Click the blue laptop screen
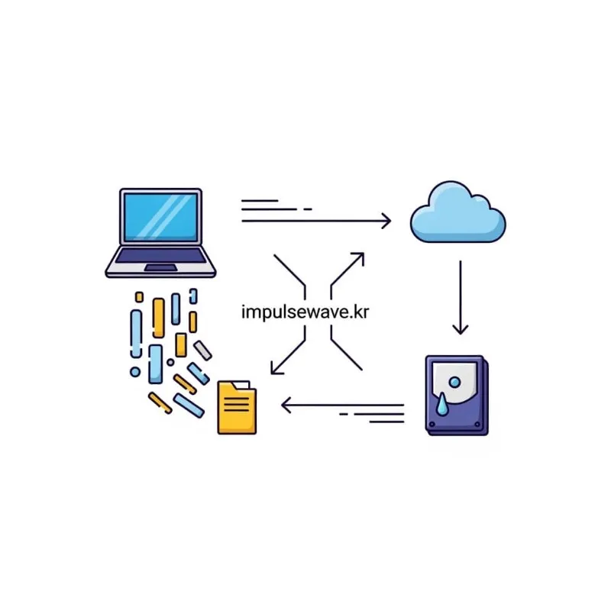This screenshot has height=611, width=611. [x=160, y=218]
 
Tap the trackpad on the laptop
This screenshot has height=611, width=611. [x=160, y=267]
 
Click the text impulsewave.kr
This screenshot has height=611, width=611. [x=305, y=312]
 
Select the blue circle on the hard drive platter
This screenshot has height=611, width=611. [x=454, y=381]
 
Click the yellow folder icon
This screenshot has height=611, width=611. [x=237, y=409]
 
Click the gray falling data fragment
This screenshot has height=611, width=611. [x=202, y=350]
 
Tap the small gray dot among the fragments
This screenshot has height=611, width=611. [x=170, y=361]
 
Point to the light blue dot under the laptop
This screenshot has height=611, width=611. [x=135, y=372]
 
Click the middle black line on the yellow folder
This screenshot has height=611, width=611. [x=237, y=403]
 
